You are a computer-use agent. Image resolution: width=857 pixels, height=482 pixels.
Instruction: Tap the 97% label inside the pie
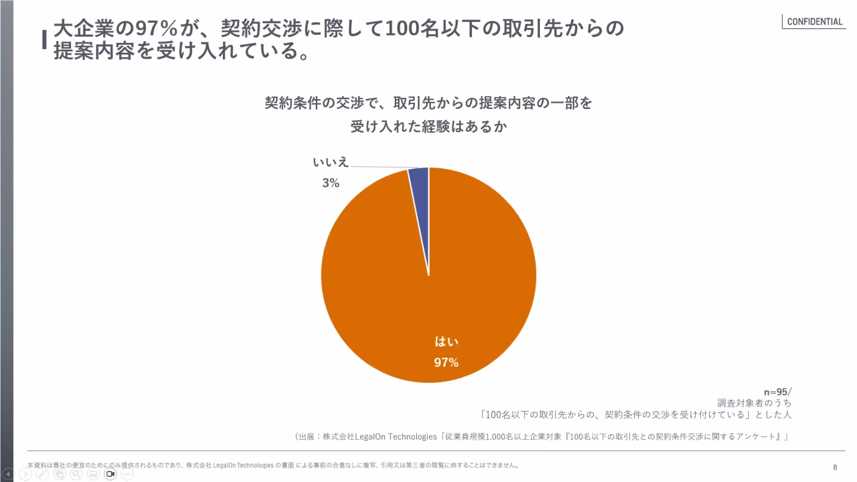(446, 363)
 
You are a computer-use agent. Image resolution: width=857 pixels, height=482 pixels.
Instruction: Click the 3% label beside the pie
(331, 183)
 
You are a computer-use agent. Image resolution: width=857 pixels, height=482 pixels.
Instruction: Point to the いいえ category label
(331, 162)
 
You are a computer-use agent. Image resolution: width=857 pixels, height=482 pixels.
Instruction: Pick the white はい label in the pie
(446, 342)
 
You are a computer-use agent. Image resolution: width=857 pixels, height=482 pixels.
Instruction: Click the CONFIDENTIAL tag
(815, 21)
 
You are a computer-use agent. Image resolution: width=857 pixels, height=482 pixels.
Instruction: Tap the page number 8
(835, 467)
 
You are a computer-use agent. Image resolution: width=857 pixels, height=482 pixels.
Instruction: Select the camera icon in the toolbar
(110, 474)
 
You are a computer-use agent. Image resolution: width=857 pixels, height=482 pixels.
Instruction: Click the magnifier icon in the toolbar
(76, 474)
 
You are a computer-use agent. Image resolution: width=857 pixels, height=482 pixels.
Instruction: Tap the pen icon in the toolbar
(42, 474)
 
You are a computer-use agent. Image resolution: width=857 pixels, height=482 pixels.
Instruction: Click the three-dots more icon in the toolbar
(127, 474)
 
